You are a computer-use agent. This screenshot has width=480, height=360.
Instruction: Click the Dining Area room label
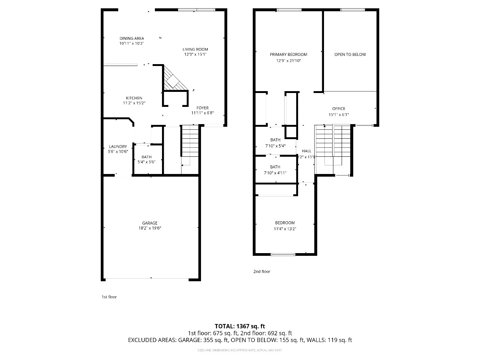click(132, 38)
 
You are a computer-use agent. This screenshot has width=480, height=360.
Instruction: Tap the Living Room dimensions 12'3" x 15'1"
click(195, 54)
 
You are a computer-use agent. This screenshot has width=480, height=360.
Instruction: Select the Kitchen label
click(134, 98)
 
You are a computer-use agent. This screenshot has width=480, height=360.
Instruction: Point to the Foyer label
click(202, 108)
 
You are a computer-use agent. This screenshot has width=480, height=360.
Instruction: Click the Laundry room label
click(118, 147)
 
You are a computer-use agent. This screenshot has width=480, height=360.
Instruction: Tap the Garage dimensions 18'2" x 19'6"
click(149, 228)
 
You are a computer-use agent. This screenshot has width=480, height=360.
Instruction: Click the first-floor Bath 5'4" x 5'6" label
click(147, 157)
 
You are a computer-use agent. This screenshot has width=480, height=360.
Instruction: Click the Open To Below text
click(350, 55)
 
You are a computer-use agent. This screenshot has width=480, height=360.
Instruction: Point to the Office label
click(339, 109)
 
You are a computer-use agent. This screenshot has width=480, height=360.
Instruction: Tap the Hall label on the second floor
click(306, 151)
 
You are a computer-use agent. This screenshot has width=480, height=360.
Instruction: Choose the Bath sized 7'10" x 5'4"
click(275, 140)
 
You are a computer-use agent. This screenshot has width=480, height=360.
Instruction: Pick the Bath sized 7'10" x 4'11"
click(275, 167)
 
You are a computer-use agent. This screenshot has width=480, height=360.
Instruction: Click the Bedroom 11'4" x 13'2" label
click(285, 223)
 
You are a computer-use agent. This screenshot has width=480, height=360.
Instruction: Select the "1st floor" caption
click(109, 297)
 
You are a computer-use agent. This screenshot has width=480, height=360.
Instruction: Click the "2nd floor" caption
click(262, 271)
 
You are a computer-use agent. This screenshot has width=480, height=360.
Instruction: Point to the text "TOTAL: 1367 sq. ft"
click(240, 326)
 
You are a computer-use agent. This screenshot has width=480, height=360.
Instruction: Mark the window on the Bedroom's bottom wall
click(283, 255)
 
